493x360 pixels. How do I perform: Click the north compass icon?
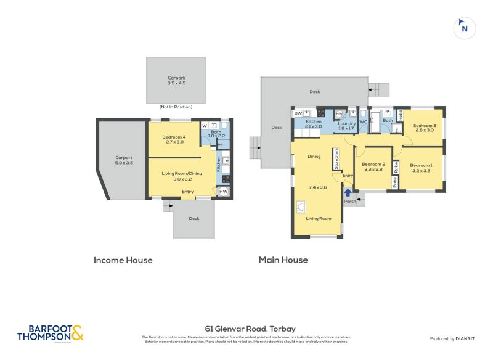tap(465, 28)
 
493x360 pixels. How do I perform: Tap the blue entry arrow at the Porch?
tap(349, 192)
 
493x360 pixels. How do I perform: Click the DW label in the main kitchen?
tap(298, 113)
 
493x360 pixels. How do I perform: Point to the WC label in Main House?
tap(363, 121)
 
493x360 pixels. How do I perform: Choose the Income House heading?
tap(123, 260)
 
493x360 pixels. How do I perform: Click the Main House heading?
tap(283, 260)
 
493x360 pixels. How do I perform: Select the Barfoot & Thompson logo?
tap(49, 333)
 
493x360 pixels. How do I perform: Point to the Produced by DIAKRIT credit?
tap(455, 339)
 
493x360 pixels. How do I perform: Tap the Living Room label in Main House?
tap(319, 219)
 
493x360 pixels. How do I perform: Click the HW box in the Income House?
tap(223, 192)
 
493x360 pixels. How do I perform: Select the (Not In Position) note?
tap(176, 107)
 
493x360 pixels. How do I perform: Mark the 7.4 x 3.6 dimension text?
tap(317, 187)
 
